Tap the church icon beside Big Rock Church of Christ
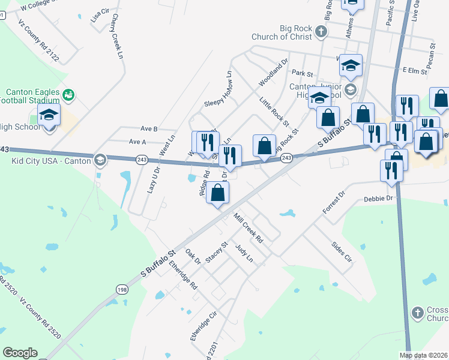(321, 31)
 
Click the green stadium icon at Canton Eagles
(69, 94)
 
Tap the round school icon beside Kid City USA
(100, 160)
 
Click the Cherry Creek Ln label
(116, 37)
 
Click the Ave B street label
(148, 128)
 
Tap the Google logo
(20, 353)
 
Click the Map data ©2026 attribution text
(423, 355)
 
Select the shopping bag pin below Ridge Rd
(218, 193)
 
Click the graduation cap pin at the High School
(49, 115)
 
